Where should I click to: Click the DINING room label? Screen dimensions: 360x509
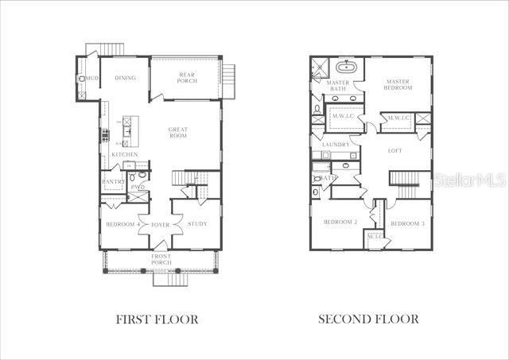[x=125, y=78]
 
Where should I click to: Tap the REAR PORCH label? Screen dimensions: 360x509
[x=186, y=79]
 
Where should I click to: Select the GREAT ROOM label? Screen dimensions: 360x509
[x=177, y=132]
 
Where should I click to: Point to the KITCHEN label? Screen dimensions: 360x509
[x=125, y=154]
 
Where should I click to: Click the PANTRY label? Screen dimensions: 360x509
[x=113, y=182]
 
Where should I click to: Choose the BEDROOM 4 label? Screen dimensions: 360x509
[x=123, y=224]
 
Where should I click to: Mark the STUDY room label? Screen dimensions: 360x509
[x=197, y=224]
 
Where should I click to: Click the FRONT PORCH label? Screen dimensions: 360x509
[x=161, y=259]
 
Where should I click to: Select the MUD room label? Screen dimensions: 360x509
[x=92, y=79]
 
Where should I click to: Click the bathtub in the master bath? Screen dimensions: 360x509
[x=348, y=67]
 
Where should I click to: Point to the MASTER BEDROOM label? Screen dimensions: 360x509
[x=398, y=84]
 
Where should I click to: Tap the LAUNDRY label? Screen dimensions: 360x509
[x=336, y=144]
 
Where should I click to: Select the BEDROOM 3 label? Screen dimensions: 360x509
[x=406, y=224]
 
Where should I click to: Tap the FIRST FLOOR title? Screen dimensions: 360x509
[x=157, y=319]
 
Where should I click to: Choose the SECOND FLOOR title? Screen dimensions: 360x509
[x=368, y=319]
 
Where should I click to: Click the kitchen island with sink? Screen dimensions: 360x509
[x=130, y=132]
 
